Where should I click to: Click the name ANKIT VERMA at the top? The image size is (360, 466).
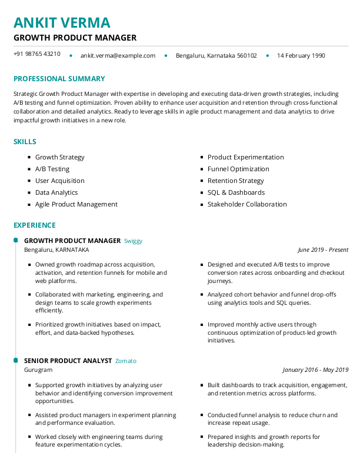[x=62, y=22]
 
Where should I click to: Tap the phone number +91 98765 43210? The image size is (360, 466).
[x=36, y=54]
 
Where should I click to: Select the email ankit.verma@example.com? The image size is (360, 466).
[x=118, y=56]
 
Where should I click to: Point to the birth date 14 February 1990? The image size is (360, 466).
[x=301, y=56]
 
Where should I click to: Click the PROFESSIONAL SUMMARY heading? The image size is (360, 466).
[x=59, y=79]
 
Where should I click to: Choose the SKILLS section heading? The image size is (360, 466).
[x=25, y=142]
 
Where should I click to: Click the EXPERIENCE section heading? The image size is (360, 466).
[x=35, y=225]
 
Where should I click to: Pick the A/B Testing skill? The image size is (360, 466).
[x=52, y=169]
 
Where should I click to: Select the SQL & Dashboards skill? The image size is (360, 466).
[x=236, y=192]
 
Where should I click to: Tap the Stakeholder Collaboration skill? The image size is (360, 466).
[x=247, y=204]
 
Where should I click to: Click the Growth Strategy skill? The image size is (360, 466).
[x=59, y=157]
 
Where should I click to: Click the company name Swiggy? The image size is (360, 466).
[x=133, y=241]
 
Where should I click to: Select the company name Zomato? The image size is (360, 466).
[x=125, y=361]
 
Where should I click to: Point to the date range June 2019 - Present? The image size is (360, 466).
[x=322, y=250]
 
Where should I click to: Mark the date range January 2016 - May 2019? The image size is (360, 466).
[x=315, y=370]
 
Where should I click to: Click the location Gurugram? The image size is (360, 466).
[x=38, y=370]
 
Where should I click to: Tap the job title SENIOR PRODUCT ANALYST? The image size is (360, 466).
[x=68, y=361]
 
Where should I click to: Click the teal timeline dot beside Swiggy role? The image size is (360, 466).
[x=15, y=241]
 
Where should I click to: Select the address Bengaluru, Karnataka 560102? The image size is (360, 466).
[x=216, y=56]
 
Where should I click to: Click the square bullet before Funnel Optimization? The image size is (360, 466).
[x=202, y=169]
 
